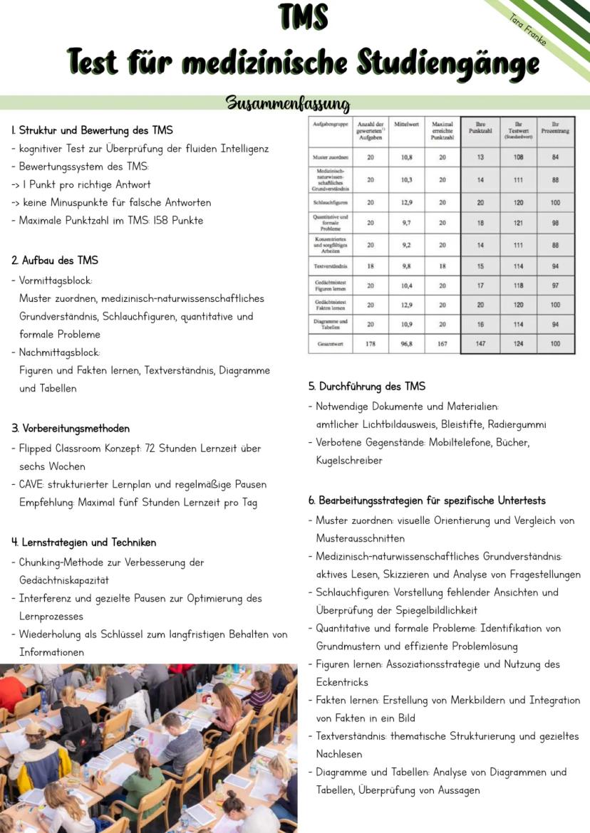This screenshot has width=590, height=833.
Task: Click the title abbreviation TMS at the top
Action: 304,18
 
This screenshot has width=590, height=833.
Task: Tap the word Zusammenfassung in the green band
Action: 288,104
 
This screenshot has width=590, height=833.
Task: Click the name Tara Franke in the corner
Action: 529,29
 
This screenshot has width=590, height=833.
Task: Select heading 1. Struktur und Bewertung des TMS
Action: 92,130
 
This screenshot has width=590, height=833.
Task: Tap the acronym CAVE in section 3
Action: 33,484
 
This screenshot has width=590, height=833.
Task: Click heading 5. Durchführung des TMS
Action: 367,387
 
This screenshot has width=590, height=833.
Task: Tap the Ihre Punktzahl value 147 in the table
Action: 480,343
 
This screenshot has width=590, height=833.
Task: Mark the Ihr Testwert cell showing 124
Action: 519,343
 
